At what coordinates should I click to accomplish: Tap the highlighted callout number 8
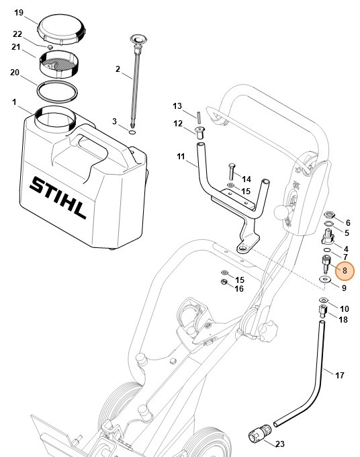tap(345, 271)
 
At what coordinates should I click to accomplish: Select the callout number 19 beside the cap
tap(19, 13)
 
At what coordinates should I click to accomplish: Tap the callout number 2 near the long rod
tap(118, 69)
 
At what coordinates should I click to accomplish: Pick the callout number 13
tap(177, 106)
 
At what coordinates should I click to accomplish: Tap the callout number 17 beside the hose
tap(339, 374)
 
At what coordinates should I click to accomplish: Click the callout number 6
tap(347, 222)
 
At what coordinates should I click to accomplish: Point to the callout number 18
tap(344, 320)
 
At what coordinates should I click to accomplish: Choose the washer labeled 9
tap(325, 280)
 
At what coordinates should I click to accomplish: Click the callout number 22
tap(17, 34)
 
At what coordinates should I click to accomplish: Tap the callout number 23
tap(280, 444)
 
